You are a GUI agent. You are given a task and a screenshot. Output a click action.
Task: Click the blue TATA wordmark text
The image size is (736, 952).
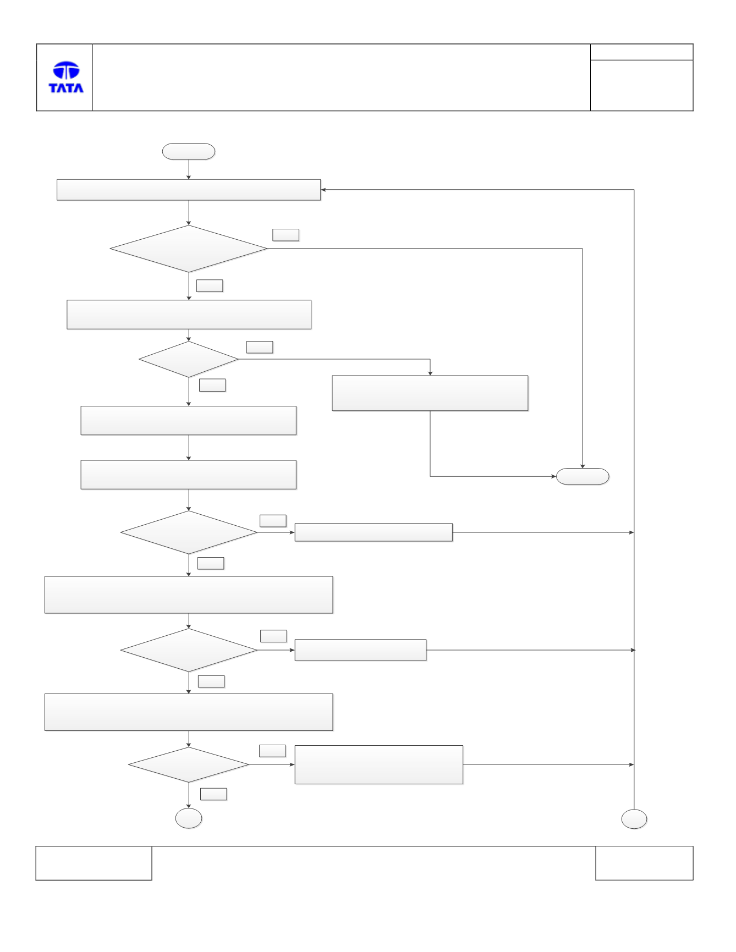coord(66,87)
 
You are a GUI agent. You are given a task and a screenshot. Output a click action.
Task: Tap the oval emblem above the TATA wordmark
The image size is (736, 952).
coord(66,70)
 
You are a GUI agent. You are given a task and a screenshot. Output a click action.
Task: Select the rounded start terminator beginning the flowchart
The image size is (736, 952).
coord(189,152)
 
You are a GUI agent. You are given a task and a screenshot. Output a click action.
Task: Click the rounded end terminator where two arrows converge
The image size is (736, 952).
coord(583,476)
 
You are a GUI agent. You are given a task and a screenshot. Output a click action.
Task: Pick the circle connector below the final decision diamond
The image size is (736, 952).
coord(189,818)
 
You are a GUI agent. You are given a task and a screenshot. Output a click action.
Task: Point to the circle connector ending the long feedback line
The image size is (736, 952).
coord(634,819)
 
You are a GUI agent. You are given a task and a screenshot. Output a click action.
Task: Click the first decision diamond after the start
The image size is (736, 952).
coord(189,249)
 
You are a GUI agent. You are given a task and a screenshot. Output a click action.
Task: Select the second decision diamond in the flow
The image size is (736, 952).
coord(189,359)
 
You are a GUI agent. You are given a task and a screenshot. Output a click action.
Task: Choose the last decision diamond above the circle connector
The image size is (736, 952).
coord(189,764)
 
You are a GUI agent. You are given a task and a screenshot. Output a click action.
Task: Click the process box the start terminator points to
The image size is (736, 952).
coord(189,190)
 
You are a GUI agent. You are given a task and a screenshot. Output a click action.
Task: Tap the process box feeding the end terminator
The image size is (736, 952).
coord(430,393)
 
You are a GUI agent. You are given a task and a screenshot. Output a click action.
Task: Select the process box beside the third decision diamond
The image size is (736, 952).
coord(374,532)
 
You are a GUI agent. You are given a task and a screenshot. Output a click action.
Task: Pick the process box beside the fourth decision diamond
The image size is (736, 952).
coord(360,650)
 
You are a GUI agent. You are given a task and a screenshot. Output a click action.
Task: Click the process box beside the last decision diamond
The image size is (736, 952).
coord(379,764)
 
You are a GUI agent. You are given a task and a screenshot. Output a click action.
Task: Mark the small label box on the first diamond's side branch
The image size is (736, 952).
coord(286,235)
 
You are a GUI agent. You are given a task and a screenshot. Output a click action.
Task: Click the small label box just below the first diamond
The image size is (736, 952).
coord(210,285)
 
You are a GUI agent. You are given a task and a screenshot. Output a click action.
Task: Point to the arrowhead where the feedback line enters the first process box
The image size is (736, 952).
coord(323,190)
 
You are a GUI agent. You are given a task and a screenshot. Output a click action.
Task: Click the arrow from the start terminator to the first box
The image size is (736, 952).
coord(189,169)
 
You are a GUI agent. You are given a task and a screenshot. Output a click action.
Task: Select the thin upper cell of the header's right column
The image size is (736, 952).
coord(641,52)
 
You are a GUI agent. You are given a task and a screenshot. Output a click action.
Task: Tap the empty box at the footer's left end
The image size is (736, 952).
coord(94,863)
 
